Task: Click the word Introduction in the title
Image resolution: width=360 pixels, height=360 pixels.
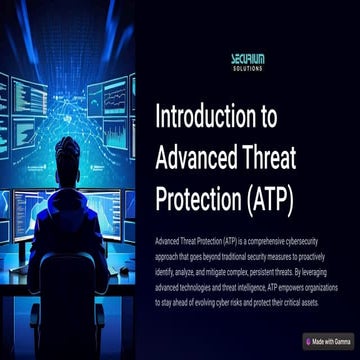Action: [204, 116]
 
